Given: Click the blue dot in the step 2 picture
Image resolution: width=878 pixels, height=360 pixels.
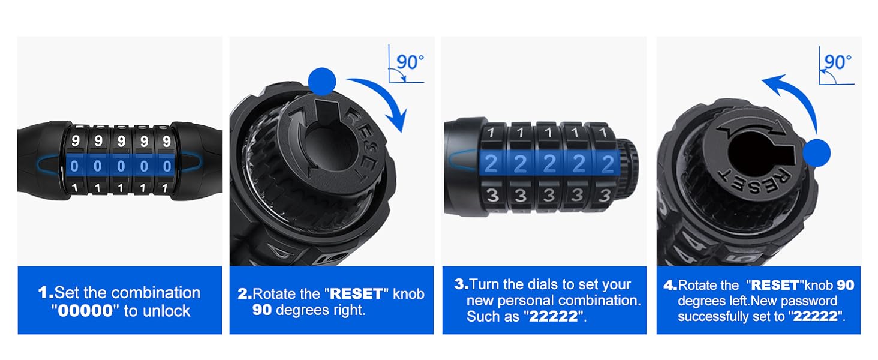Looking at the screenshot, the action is coord(322,82).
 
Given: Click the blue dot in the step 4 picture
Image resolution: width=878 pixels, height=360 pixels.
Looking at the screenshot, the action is coord(816,153).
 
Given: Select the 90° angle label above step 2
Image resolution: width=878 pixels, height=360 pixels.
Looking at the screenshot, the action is coord(410,62).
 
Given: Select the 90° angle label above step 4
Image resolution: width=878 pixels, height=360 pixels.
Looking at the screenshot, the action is coord(838,62).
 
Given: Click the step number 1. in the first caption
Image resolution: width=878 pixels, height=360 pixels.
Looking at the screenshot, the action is coord(46,293).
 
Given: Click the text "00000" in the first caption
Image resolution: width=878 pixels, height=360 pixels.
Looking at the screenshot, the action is coord(85,311).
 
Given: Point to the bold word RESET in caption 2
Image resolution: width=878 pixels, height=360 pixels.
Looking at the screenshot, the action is coord(356,294).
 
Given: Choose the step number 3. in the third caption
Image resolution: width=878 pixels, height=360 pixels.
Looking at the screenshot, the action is coord(461,284).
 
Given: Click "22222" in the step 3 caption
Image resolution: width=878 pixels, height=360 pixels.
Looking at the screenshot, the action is coord(553,316).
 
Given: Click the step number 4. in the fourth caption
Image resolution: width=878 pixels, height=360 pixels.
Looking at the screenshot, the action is coord(670,285).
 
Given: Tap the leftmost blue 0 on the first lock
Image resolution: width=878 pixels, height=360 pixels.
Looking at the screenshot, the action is coord(74,166).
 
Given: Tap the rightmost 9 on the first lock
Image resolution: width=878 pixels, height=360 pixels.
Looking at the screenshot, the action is coord(167,141).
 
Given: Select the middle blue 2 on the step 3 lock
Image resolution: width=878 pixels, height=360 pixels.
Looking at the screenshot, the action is coord(549,164).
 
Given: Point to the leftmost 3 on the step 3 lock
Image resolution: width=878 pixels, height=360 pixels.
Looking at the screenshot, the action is coord(492,195).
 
